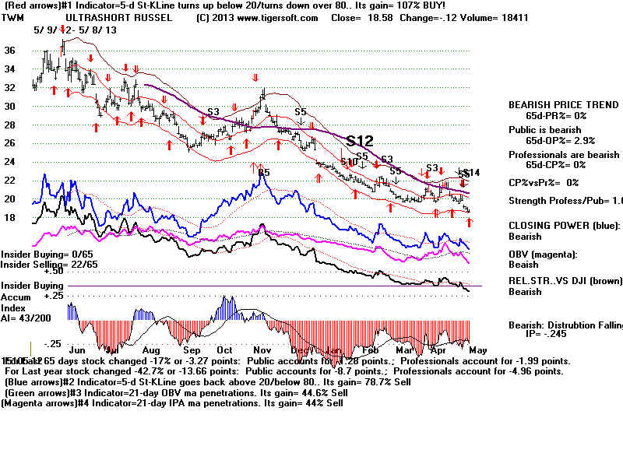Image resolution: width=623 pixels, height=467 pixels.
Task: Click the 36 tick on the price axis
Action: coord(10,50)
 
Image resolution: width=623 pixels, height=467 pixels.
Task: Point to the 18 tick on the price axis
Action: coord(10,217)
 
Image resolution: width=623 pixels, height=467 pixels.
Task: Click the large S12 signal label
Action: coord(360,141)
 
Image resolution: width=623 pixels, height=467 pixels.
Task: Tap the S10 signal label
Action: coord(349,162)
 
